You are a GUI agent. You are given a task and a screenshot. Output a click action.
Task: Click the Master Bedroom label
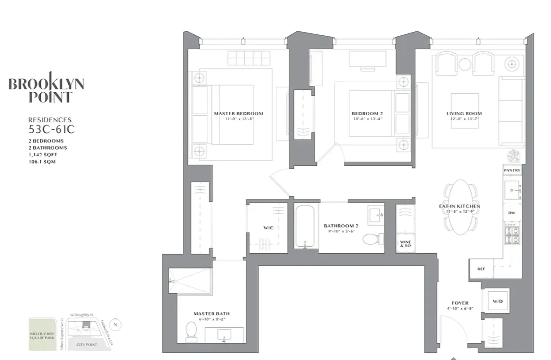click(x=238, y=114)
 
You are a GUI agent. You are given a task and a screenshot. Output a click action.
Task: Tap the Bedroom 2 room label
click(x=367, y=114)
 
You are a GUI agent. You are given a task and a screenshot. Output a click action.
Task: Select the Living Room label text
click(x=464, y=114)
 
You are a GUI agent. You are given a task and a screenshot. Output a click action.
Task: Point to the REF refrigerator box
click(x=481, y=269)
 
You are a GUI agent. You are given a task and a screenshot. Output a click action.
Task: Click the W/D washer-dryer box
click(x=497, y=301)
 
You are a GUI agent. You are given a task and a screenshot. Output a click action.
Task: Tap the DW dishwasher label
click(x=512, y=213)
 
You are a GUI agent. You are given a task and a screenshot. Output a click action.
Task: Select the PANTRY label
click(x=512, y=170)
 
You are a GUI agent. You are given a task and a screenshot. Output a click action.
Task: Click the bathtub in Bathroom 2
click(x=305, y=226)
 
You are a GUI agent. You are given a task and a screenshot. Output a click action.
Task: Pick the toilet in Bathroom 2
click(x=373, y=239)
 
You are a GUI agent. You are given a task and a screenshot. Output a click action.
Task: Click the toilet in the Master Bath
click(x=191, y=330)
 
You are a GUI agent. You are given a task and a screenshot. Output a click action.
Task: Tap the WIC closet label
click(x=268, y=228)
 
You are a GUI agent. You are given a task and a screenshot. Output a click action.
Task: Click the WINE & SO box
click(x=405, y=244)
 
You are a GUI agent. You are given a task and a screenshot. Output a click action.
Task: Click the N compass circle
click(x=115, y=325)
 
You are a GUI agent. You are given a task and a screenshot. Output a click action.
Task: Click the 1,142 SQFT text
click(x=43, y=155)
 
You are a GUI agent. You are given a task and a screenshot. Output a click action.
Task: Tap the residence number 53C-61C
click(x=51, y=129)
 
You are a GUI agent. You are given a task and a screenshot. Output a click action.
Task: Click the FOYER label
click(x=460, y=303)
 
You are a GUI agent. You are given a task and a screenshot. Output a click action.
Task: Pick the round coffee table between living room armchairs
click(x=464, y=64)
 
